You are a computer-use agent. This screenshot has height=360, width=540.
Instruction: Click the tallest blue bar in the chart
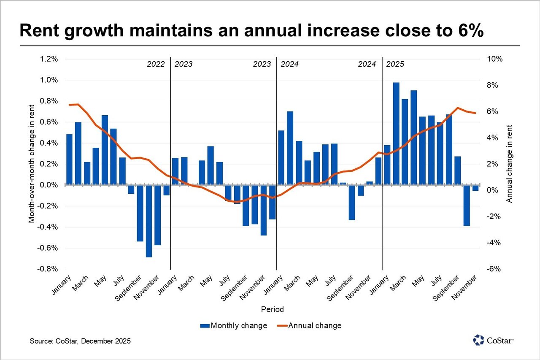(x=396, y=133)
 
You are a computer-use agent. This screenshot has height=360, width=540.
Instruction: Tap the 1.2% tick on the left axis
(x=49, y=59)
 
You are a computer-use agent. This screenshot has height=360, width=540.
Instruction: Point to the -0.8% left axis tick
(x=48, y=269)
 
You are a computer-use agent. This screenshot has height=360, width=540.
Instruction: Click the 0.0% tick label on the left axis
(x=49, y=185)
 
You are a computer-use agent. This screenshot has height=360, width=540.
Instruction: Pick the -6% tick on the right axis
(x=494, y=269)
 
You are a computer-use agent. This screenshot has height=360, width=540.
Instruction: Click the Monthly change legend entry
(x=234, y=325)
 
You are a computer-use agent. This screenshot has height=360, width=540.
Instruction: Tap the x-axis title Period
(x=272, y=309)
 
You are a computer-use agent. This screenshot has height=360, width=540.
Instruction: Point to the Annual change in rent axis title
(x=510, y=164)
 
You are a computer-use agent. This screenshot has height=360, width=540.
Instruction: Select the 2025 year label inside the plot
(x=395, y=65)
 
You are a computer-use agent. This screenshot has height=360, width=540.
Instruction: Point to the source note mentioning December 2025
(x=80, y=341)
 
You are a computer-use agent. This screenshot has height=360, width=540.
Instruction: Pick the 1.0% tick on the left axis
(x=49, y=80)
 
